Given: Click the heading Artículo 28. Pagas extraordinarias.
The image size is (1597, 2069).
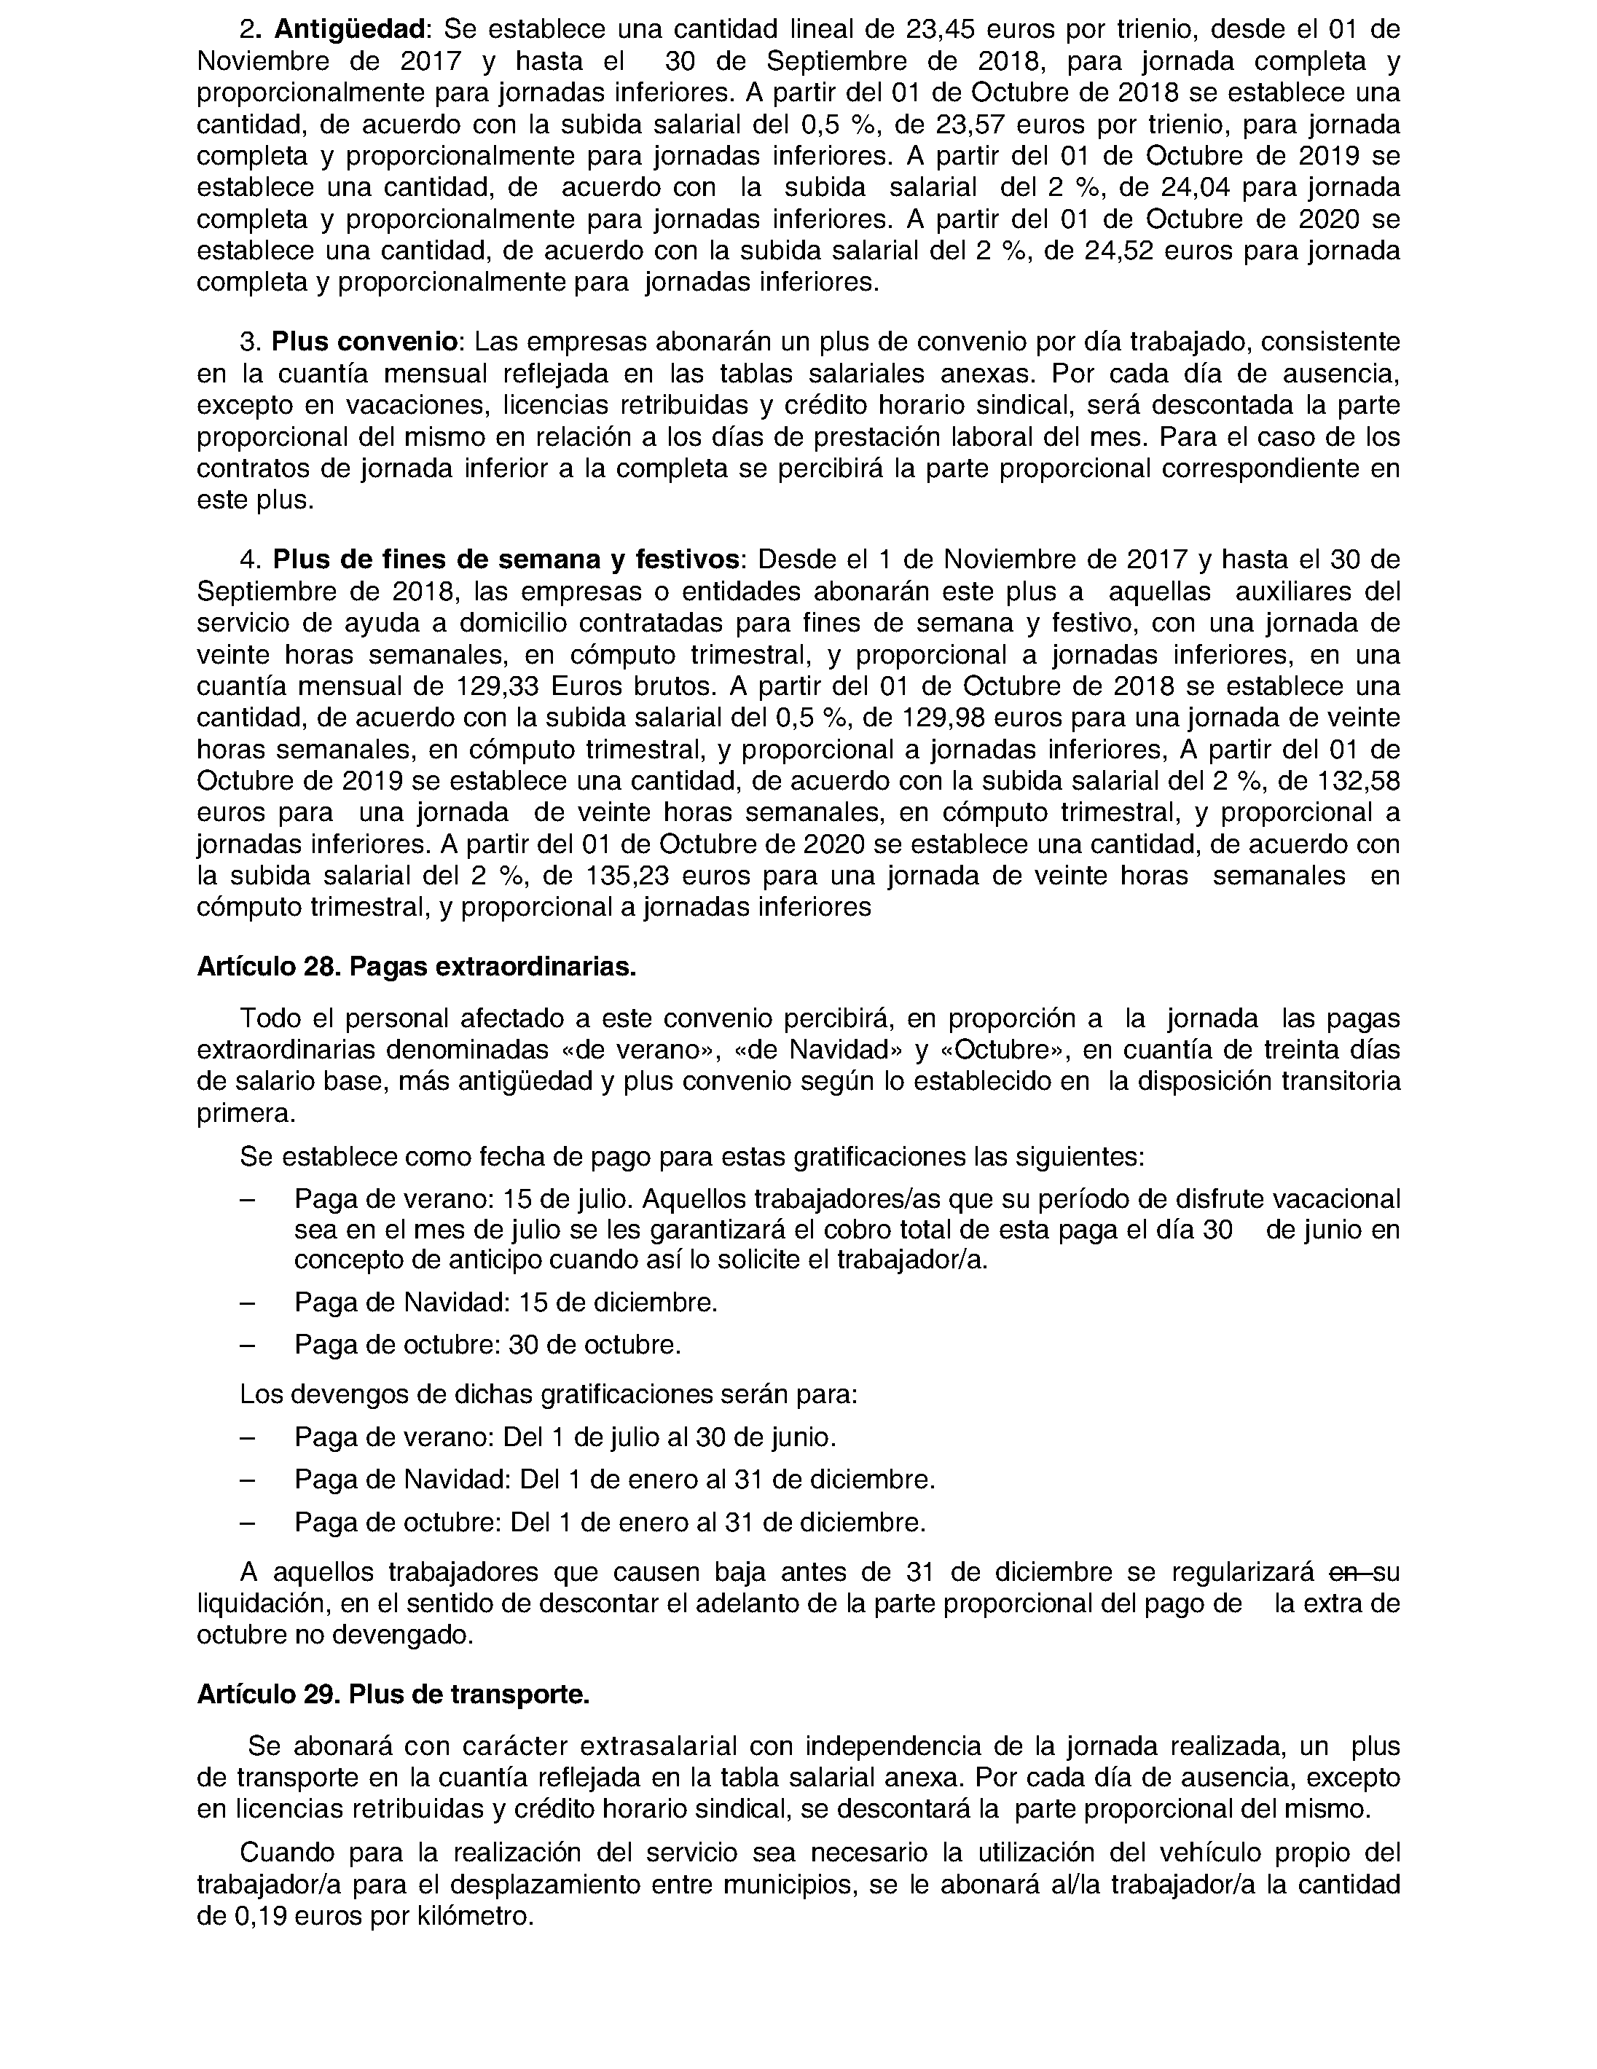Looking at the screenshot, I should [x=416, y=967].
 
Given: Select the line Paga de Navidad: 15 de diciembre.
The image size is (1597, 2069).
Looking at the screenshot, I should [x=505, y=1303].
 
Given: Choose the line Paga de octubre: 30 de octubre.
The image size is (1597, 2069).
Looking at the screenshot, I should [x=487, y=1346].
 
